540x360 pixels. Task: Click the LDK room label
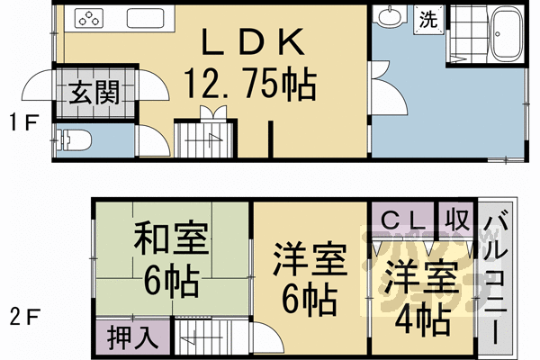click(x=249, y=44)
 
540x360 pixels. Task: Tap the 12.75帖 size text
click(x=249, y=85)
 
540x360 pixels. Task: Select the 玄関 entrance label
click(x=92, y=92)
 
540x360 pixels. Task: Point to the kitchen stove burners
click(x=91, y=17)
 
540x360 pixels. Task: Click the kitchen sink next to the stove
click(x=143, y=18)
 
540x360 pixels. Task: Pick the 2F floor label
click(x=22, y=316)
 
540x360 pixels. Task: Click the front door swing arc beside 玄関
click(x=36, y=85)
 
